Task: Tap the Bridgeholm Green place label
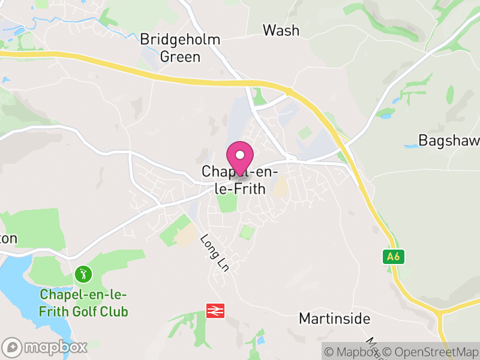180,49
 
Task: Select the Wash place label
281,30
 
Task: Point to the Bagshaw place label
449,141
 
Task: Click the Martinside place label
335,318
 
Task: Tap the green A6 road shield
392,257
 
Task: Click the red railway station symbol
215,310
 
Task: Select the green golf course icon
83,275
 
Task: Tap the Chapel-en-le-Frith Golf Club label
83,304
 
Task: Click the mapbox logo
45,347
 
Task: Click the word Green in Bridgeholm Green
180,58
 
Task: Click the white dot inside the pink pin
240,155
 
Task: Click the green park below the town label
227,202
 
